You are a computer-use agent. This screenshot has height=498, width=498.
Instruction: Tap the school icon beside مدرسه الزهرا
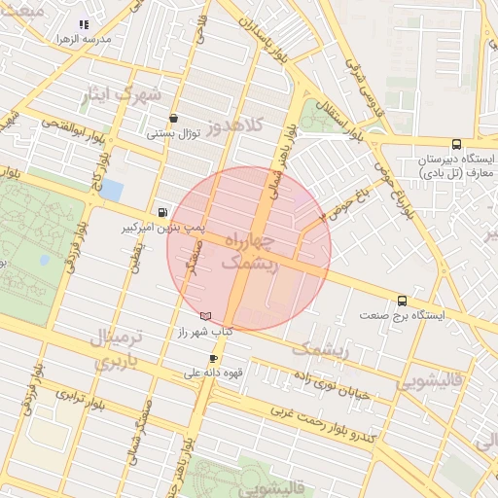[84, 24]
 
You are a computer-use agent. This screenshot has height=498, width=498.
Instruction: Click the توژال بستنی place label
[173, 133]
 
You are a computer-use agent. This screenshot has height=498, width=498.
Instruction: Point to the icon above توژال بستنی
[173, 118]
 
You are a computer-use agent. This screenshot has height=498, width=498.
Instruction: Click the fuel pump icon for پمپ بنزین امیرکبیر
[161, 212]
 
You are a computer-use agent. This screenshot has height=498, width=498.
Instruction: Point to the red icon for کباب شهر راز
[204, 316]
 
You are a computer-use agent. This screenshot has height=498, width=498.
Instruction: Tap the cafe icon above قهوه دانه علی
[213, 358]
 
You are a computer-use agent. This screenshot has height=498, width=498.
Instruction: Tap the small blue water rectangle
[112, 189]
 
